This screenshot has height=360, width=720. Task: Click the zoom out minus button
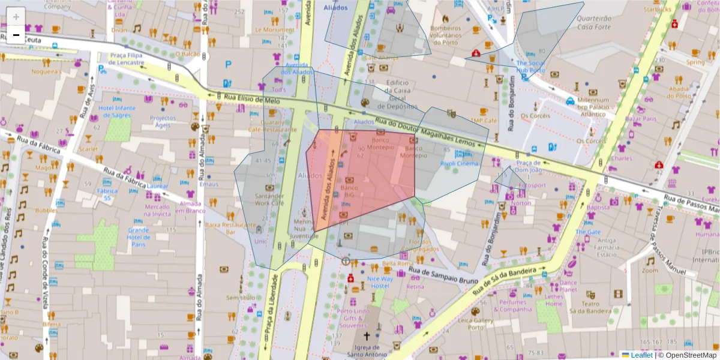[x=16, y=35]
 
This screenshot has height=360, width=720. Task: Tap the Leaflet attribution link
[x=641, y=355]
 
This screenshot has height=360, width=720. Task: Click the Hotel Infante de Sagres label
[x=117, y=111]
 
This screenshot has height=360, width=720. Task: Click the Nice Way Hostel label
[x=380, y=282]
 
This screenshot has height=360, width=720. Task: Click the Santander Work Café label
[x=269, y=199]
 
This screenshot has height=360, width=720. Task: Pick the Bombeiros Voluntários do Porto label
[x=445, y=35]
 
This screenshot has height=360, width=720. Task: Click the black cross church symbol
[x=367, y=337]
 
